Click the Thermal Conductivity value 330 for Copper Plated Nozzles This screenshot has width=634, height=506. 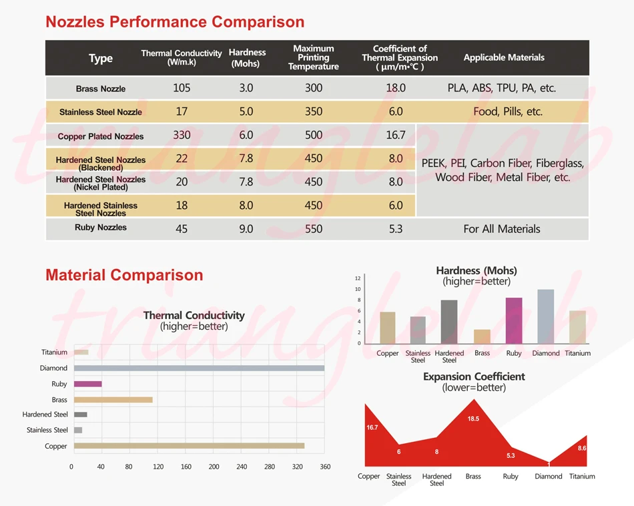tap(182, 135)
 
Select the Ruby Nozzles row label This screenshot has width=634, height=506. tap(101, 228)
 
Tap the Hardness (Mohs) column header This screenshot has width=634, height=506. tap(247, 57)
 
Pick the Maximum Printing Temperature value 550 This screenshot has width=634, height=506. tap(314, 229)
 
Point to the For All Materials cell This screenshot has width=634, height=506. tap(502, 229)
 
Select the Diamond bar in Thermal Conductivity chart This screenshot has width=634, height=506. tap(199, 368)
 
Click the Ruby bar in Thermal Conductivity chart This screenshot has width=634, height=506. tap(87, 384)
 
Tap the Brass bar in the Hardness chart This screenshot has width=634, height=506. tap(482, 336)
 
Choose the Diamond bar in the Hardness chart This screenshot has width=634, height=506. tap(545, 316)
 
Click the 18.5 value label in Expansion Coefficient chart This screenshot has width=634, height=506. tap(473, 419)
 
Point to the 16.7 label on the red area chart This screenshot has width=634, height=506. tap(372, 427)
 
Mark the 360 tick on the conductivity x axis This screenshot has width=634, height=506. tap(326, 467)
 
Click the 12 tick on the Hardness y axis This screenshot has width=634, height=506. tap(358, 278)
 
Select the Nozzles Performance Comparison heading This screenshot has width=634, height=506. tap(175, 21)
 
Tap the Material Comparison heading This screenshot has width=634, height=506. tap(124, 274)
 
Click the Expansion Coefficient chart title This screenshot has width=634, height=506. tap(474, 376)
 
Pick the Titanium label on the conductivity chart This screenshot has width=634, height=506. tap(54, 352)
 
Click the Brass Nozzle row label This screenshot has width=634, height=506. tap(101, 89)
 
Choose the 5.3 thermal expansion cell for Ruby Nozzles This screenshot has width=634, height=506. tap(396, 229)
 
